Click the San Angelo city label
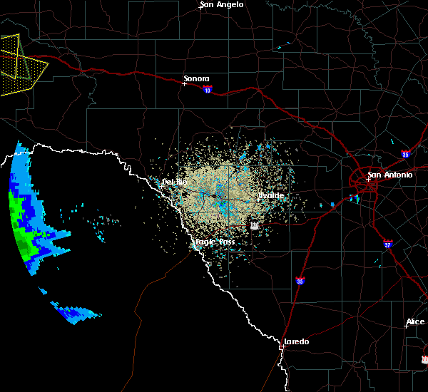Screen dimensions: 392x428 [222, 4]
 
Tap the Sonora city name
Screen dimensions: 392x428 [196, 78]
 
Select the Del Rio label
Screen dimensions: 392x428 [174, 182]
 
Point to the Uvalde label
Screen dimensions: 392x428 [271, 195]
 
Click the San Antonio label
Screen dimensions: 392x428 [389, 175]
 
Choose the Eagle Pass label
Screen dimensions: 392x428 [215, 242]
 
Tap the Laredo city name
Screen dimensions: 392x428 [297, 341]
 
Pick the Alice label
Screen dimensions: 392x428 [415, 322]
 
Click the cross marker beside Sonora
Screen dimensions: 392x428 [184, 83]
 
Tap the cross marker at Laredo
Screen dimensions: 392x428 [283, 346]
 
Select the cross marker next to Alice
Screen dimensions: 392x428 [405, 326]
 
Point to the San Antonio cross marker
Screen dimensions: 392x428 [368, 180]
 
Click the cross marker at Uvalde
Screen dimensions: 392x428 [258, 200]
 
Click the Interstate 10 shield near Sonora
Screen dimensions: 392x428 [207, 90]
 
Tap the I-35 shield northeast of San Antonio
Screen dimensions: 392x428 [404, 153]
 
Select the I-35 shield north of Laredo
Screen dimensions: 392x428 [300, 282]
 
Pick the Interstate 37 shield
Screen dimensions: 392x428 [387, 243]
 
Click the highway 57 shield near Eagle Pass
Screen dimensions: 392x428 [254, 225]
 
